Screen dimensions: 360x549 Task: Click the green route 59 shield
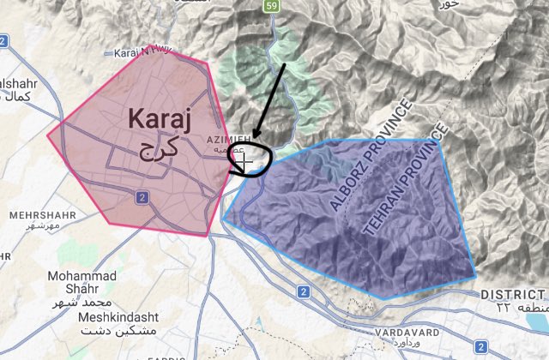click(x=272, y=7)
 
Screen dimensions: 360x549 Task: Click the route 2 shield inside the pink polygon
click(x=142, y=197)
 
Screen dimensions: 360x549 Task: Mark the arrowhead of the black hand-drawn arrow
click(x=255, y=141)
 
